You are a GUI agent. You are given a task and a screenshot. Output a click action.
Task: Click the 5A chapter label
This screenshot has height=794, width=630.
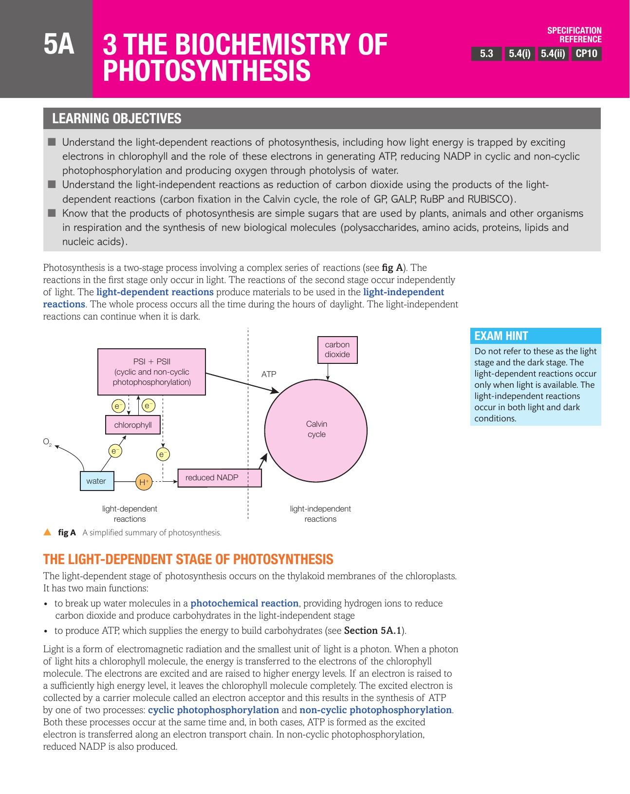point(59,45)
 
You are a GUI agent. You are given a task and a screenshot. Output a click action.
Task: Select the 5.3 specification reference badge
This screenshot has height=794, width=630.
point(486,54)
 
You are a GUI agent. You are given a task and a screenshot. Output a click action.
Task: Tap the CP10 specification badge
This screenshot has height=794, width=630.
point(586,54)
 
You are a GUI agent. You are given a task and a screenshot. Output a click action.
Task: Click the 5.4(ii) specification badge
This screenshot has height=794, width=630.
point(553,54)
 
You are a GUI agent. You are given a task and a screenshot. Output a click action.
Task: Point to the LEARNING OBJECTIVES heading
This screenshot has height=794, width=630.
point(117,118)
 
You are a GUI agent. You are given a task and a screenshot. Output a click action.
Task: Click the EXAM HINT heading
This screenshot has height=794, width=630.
point(501,336)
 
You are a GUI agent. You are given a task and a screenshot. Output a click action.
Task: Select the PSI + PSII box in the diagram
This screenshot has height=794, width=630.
point(151,372)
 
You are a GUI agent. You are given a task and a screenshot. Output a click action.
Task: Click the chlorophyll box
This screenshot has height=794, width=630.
point(133,425)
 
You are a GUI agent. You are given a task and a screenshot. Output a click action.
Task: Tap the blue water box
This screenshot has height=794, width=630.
point(96,481)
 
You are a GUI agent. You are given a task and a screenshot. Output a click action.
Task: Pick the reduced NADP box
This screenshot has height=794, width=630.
point(219,478)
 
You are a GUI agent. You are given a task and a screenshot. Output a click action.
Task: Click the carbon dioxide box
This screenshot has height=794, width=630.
point(337,349)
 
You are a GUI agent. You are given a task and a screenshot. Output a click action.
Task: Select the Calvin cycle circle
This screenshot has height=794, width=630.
point(316,429)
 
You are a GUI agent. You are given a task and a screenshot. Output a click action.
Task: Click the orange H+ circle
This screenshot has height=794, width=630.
point(144,482)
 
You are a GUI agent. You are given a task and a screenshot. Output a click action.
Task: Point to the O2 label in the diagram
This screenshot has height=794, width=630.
point(47,442)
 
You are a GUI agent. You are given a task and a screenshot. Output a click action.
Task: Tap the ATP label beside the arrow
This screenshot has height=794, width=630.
point(269,374)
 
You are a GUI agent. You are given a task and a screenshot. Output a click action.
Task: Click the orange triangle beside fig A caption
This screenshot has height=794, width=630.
point(47,532)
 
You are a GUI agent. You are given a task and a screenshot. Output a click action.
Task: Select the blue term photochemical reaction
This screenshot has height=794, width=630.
point(244,603)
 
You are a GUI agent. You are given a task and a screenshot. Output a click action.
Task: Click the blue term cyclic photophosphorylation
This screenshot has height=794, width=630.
point(213,710)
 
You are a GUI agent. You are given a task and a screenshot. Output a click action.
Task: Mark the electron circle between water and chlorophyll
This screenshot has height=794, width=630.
point(115,451)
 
